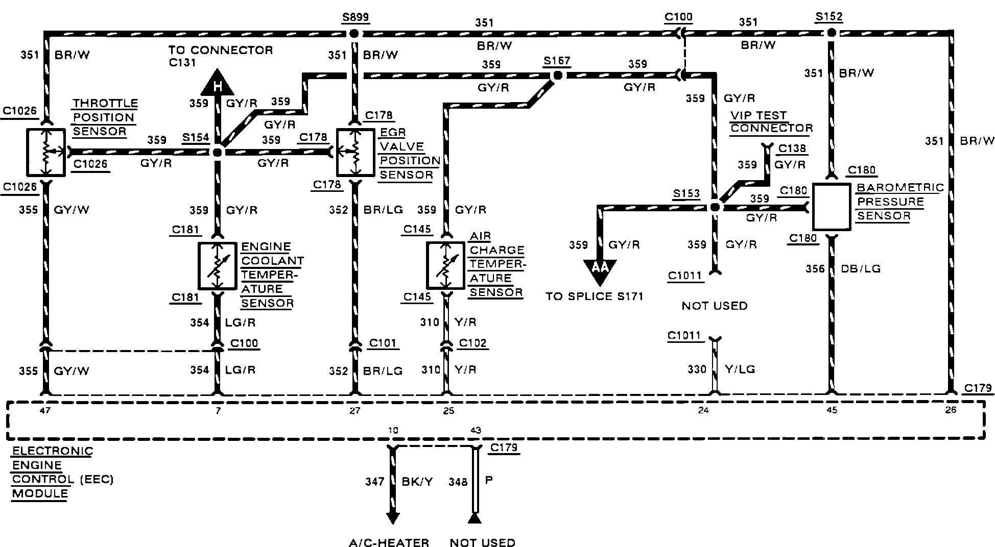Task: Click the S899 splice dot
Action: tap(354, 34)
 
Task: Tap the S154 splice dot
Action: tap(218, 152)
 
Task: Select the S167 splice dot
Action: tap(558, 76)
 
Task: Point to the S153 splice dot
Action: tap(715, 207)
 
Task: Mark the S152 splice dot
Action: tap(832, 33)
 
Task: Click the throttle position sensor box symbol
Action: tap(46, 152)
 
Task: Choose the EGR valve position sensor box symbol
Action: tap(356, 152)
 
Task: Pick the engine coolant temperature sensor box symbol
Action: tap(218, 266)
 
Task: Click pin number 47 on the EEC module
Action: tap(45, 410)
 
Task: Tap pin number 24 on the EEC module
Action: tap(703, 410)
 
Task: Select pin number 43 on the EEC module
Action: tap(476, 431)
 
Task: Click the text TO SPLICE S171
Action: tap(594, 296)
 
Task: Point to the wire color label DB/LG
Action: tap(861, 268)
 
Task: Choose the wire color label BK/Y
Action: tap(417, 481)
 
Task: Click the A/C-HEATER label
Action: tap(389, 542)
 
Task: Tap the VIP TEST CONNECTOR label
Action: tap(771, 121)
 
